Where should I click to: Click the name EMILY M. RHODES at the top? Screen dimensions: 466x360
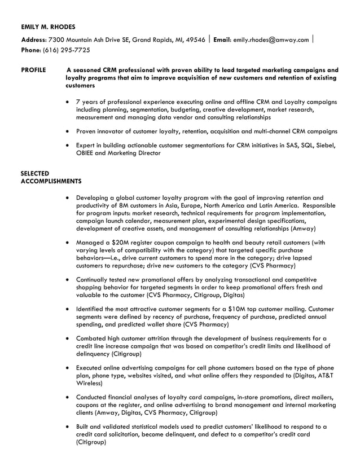click(x=48, y=27)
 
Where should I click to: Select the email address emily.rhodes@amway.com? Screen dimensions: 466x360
click(x=271, y=39)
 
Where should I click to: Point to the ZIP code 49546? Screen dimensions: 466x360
click(x=196, y=39)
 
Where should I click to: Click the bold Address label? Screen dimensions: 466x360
click(x=34, y=39)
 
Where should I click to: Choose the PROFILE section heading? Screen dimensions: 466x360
click(x=34, y=71)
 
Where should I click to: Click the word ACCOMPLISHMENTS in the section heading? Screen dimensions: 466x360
click(x=51, y=181)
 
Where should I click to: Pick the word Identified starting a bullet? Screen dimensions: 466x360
click(x=93, y=309)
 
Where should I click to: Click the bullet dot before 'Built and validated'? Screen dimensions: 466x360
click(x=68, y=427)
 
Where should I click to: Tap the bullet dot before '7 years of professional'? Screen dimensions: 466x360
click(x=68, y=102)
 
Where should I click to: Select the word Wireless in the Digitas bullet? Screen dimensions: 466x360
click(x=89, y=383)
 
